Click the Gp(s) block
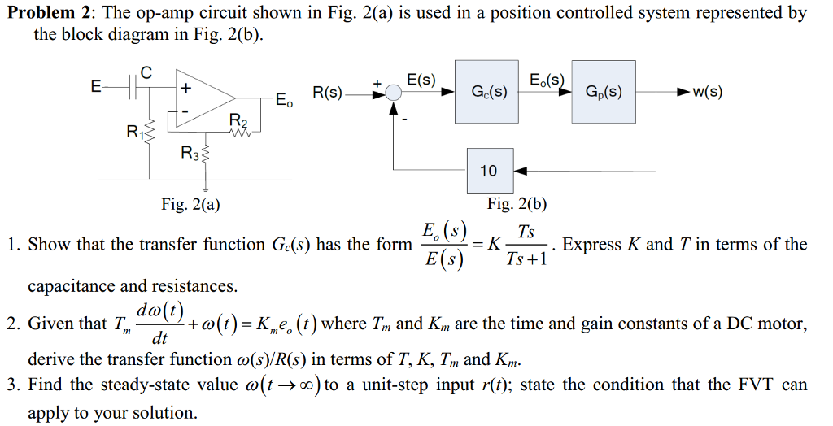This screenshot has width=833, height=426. [x=604, y=91]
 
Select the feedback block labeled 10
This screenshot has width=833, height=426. [x=489, y=171]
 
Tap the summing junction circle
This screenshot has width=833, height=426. [x=394, y=94]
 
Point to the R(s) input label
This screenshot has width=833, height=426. [x=328, y=93]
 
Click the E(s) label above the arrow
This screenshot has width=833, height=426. [x=421, y=80]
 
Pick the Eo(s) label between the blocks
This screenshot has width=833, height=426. [x=547, y=80]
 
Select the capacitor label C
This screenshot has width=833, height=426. [x=146, y=72]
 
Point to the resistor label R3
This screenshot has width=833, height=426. [x=189, y=151]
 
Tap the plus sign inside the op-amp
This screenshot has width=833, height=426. [x=185, y=87]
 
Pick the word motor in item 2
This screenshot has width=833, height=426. [x=784, y=324]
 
